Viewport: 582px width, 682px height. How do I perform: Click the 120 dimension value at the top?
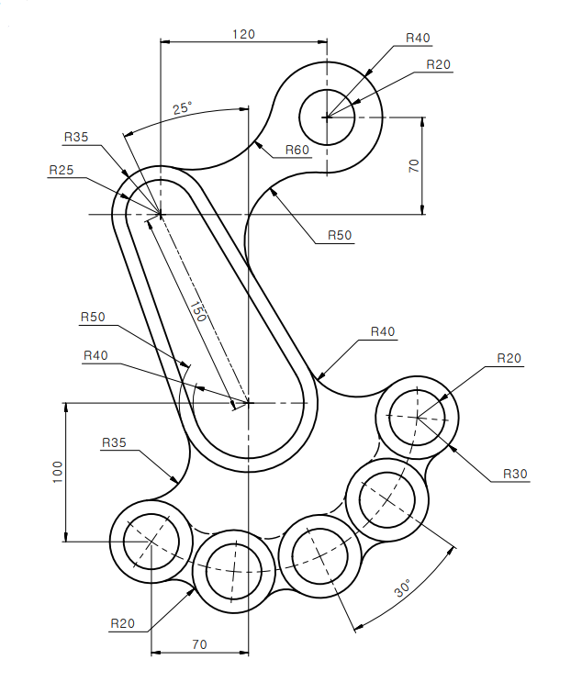point(243,34)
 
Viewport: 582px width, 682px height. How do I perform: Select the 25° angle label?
point(183,108)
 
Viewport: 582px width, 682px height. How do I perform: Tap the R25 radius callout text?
point(62,170)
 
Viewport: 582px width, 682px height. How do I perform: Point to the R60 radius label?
point(297,150)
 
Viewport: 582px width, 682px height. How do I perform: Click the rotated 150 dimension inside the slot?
point(198,311)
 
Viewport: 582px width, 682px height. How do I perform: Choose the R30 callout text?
point(515,474)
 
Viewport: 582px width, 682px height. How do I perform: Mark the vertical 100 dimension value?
point(58,472)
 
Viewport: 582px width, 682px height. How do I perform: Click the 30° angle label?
point(403,587)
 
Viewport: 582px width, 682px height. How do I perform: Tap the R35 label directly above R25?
point(76,137)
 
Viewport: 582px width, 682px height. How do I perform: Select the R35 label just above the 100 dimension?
point(114,442)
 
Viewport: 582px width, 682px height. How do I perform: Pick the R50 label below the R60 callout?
point(340,235)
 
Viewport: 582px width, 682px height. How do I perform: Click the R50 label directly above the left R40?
point(93,317)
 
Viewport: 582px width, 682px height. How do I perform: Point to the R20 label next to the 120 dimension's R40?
point(439,64)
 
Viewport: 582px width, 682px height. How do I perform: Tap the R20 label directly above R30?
point(509,358)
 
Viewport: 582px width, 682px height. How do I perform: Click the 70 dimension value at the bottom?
point(199,643)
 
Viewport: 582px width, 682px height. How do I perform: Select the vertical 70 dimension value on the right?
point(414,166)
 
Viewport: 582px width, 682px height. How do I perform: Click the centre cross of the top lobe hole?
point(327,117)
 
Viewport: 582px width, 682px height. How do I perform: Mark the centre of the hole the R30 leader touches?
point(417,417)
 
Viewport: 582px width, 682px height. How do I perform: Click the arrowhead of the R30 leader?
point(453,449)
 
